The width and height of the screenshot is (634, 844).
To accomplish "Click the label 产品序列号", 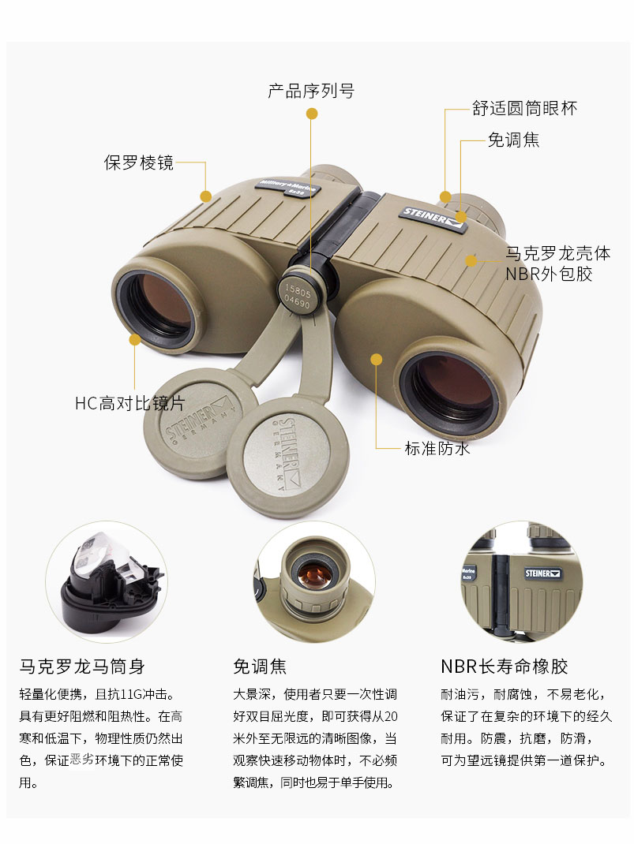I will [311, 91].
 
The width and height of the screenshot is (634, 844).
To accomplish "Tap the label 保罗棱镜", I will [139, 162].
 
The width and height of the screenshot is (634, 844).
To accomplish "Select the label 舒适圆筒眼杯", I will [524, 108].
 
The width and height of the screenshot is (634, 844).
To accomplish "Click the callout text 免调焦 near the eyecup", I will [513, 140].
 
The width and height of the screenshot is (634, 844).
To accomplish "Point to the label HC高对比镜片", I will [129, 403].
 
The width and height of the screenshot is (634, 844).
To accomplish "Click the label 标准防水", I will [437, 448].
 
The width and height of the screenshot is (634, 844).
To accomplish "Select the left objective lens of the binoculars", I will [156, 304].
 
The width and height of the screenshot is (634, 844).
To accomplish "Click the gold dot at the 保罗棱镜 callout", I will [205, 196].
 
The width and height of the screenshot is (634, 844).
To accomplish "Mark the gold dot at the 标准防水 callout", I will [377, 359].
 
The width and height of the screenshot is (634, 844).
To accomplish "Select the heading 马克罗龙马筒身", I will [82, 666].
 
